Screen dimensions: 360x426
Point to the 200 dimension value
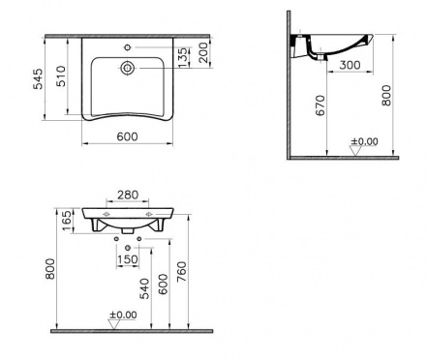tap(204, 54)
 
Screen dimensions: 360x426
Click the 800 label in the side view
tap(388, 98)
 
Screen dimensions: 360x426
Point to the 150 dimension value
tap(128, 258)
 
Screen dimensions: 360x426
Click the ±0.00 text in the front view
tap(123, 314)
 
